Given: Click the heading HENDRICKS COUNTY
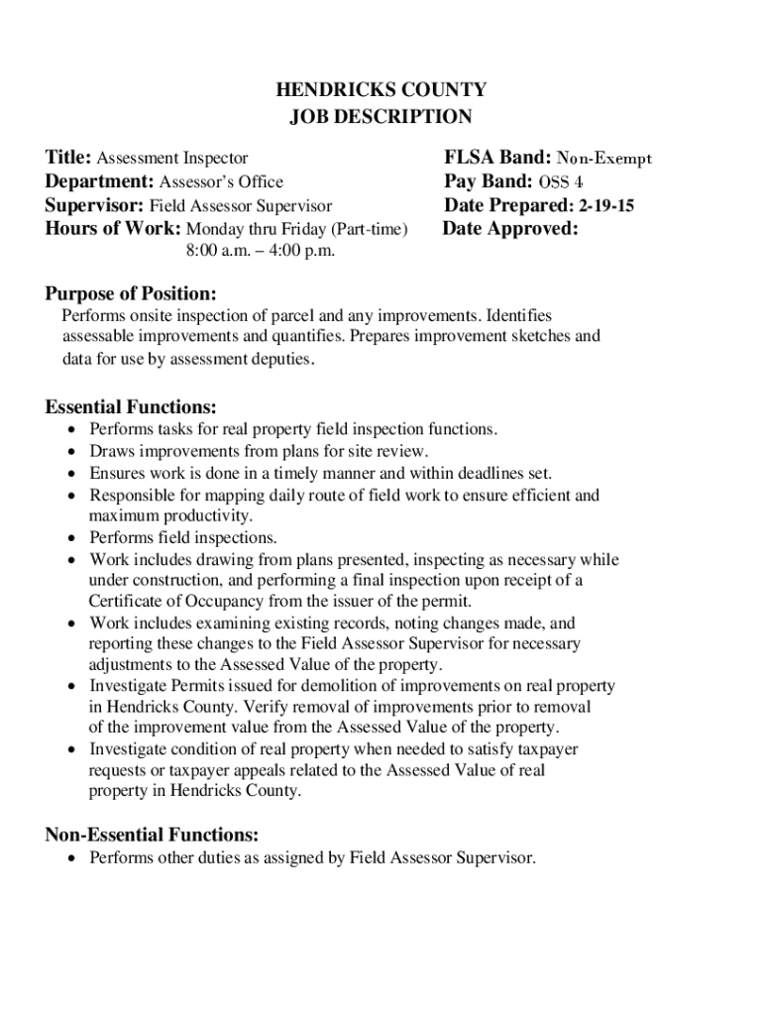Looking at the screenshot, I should [x=381, y=91].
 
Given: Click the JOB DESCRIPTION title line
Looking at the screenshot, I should [x=381, y=117].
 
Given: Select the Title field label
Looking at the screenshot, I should [x=68, y=158].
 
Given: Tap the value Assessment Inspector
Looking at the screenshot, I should [x=171, y=159].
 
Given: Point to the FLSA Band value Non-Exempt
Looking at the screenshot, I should [x=604, y=159].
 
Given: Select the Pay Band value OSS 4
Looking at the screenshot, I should [x=561, y=182].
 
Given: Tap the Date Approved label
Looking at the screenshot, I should [x=510, y=229].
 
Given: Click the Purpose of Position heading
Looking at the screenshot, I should [x=131, y=294].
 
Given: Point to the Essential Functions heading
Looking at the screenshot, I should [x=131, y=407].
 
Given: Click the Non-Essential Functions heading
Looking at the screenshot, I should [x=153, y=835].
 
